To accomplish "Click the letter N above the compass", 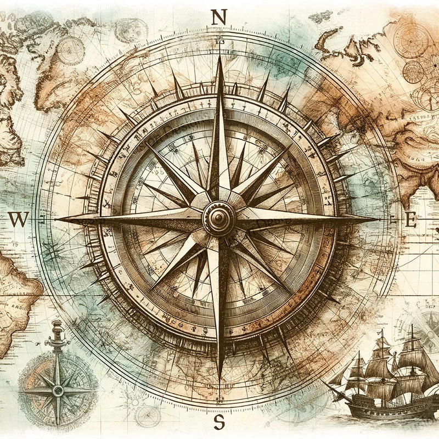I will (218, 18).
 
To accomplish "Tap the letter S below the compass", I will (219, 422).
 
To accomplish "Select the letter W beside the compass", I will (18, 219).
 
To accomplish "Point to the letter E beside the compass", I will (410, 219).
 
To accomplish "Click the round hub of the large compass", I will (218, 218).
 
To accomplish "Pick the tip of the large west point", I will (58, 219).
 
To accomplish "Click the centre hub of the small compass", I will (58, 391).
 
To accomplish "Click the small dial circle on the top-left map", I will (71, 50).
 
